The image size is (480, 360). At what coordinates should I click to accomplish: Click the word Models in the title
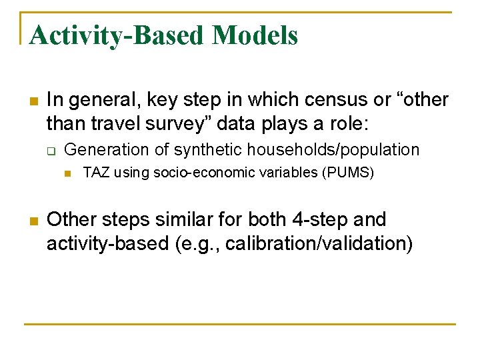click(x=255, y=35)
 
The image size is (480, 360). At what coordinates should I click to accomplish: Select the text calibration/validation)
click(x=319, y=243)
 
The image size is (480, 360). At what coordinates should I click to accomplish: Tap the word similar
click(x=207, y=220)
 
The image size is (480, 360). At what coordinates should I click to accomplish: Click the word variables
click(x=278, y=173)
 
